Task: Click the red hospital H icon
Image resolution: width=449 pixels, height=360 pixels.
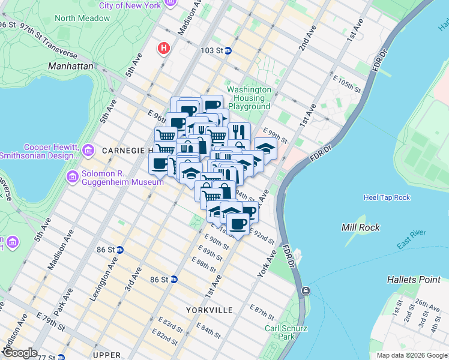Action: (x=163, y=48)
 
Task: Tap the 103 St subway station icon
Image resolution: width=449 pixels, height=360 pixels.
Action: (x=229, y=51)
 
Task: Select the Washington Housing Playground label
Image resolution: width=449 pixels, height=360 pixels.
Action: (x=249, y=98)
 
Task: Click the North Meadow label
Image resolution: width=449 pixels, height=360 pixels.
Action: (x=82, y=18)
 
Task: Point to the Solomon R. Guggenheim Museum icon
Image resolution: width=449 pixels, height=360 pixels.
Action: (x=72, y=177)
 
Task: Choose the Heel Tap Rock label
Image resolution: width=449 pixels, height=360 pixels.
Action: (x=387, y=197)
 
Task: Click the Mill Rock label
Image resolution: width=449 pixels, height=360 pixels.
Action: (x=359, y=227)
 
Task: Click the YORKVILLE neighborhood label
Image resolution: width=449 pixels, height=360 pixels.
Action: (x=209, y=310)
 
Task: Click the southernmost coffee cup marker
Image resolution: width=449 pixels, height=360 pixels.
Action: (x=238, y=224)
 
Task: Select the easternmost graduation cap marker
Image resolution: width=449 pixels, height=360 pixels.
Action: (x=265, y=148)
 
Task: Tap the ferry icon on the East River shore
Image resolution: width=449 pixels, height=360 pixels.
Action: (x=306, y=291)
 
